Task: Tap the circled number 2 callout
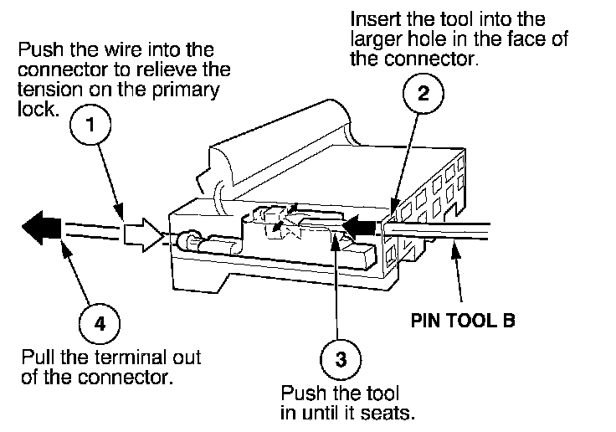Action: coord(423,95)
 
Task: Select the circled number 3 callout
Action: coord(340,361)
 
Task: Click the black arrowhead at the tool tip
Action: coord(361,224)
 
